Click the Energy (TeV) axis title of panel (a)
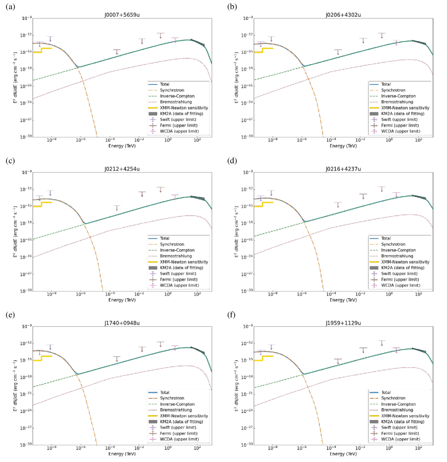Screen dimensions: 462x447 (122, 146)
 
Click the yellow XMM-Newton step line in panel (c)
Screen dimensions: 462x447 (43, 204)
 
